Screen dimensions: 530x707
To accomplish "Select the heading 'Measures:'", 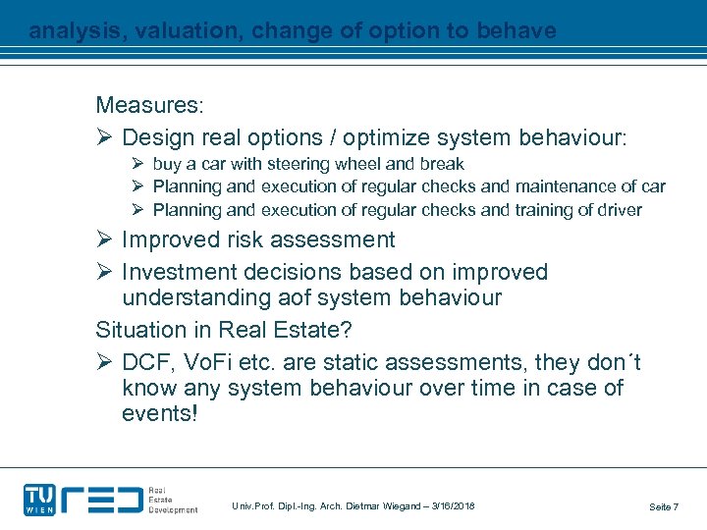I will click(x=149, y=105).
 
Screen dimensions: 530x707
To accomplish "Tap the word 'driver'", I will click(x=616, y=210).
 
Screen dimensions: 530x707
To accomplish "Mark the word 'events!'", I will click(x=159, y=414).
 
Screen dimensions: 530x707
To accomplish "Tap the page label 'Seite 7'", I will click(x=663, y=506).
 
